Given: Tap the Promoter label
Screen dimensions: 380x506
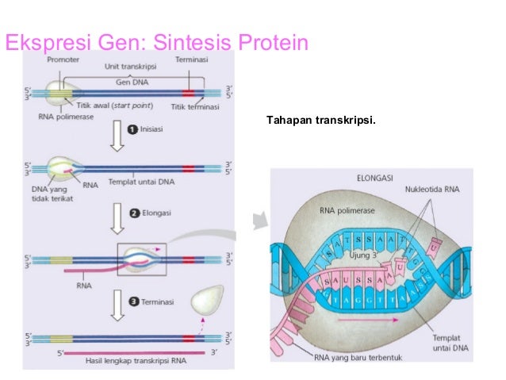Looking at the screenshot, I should (62, 59).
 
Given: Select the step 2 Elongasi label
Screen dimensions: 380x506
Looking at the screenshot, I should (148, 213).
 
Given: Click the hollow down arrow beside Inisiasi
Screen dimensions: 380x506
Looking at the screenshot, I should (117, 136).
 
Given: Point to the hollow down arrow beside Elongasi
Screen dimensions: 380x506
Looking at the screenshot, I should (117, 219).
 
